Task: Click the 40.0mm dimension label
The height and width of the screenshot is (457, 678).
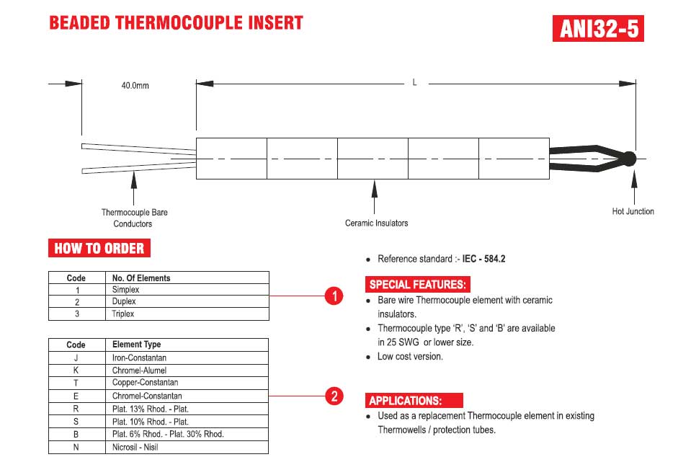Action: tap(135, 86)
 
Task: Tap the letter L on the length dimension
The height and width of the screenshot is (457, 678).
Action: tap(415, 83)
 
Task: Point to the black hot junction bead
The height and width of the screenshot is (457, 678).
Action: tap(628, 159)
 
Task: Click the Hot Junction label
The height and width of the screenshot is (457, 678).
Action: tap(633, 211)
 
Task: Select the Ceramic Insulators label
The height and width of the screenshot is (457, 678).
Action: tap(376, 223)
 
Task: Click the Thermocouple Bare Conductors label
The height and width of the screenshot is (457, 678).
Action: tap(134, 218)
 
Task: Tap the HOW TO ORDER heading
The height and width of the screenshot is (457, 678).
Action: tap(99, 249)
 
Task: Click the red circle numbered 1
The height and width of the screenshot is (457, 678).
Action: tap(333, 296)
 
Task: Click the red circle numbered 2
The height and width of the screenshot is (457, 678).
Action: tap(333, 396)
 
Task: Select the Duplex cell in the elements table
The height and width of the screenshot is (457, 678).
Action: tap(125, 302)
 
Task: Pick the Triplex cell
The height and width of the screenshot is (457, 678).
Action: tap(123, 314)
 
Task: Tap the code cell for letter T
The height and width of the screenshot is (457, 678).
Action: tap(76, 383)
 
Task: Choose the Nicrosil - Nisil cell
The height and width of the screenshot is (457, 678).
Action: tap(135, 447)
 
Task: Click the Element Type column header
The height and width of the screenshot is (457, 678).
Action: tap(137, 345)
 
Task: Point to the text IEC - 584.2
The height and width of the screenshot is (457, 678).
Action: tap(483, 259)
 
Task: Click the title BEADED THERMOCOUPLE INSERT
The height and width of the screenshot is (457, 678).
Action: tap(176, 23)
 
